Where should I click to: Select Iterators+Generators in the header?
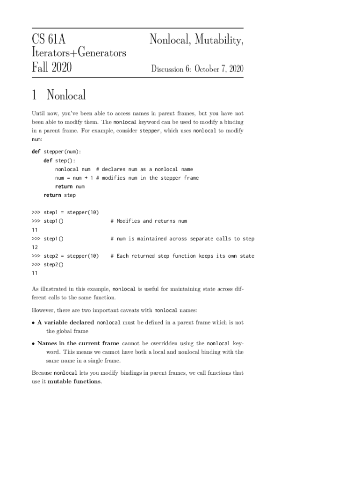pyautogui.click(x=79, y=53)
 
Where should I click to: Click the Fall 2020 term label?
pyautogui.click(x=51, y=68)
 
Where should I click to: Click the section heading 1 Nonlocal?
pyautogui.click(x=59, y=95)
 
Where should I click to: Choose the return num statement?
pyautogui.click(x=70, y=186)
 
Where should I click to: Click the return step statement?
pyautogui.click(x=59, y=195)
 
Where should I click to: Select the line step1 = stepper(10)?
pyautogui.click(x=71, y=212)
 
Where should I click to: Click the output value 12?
pyautogui.click(x=34, y=247)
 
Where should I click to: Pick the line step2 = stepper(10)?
pyautogui.click(x=71, y=256)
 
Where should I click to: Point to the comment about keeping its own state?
pyautogui.click(x=182, y=256)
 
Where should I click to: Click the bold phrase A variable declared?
pyautogui.click(x=65, y=323)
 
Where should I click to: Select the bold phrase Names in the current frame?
pyautogui.click(x=78, y=343)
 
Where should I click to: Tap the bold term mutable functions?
pyautogui.click(x=74, y=382)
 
